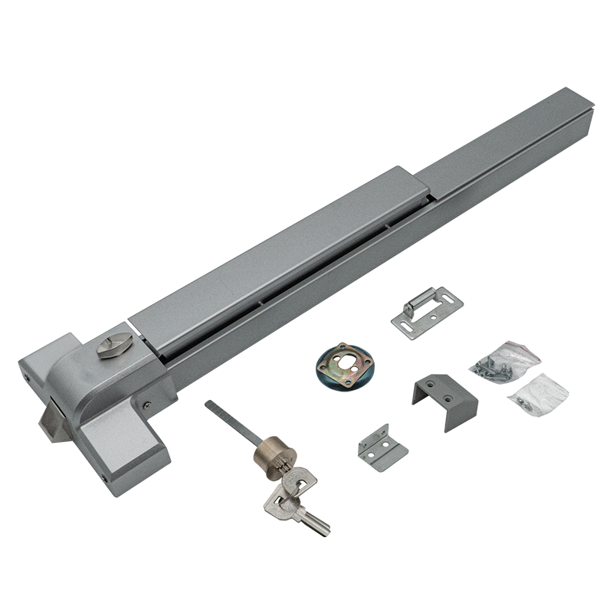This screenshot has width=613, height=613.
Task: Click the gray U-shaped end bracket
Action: click(444, 390)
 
